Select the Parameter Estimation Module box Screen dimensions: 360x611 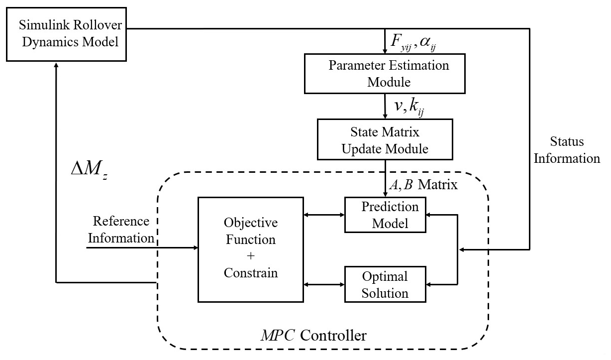click(x=385, y=74)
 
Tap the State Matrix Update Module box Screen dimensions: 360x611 click(x=385, y=141)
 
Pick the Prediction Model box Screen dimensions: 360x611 click(x=385, y=215)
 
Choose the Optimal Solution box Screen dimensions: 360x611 click(x=385, y=284)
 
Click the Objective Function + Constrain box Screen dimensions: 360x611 click(x=250, y=249)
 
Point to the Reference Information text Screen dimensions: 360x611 click(x=121, y=230)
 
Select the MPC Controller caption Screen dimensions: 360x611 click(x=313, y=335)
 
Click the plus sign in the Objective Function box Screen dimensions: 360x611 click(x=250, y=256)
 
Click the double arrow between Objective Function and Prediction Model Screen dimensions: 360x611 click(x=324, y=215)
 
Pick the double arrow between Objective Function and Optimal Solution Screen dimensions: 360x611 click(x=324, y=284)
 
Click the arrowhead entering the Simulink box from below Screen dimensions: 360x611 click(x=57, y=66)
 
